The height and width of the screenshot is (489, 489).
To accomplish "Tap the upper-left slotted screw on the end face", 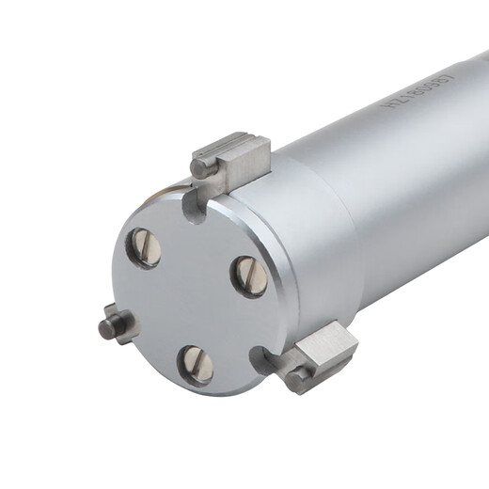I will (x=147, y=247).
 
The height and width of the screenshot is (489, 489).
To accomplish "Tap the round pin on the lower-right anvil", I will (x=298, y=378).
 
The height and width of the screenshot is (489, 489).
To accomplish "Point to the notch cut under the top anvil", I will (x=195, y=207).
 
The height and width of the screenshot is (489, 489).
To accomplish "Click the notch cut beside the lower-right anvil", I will (x=262, y=358).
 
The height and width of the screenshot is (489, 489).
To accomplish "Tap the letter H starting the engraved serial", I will (x=388, y=112).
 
